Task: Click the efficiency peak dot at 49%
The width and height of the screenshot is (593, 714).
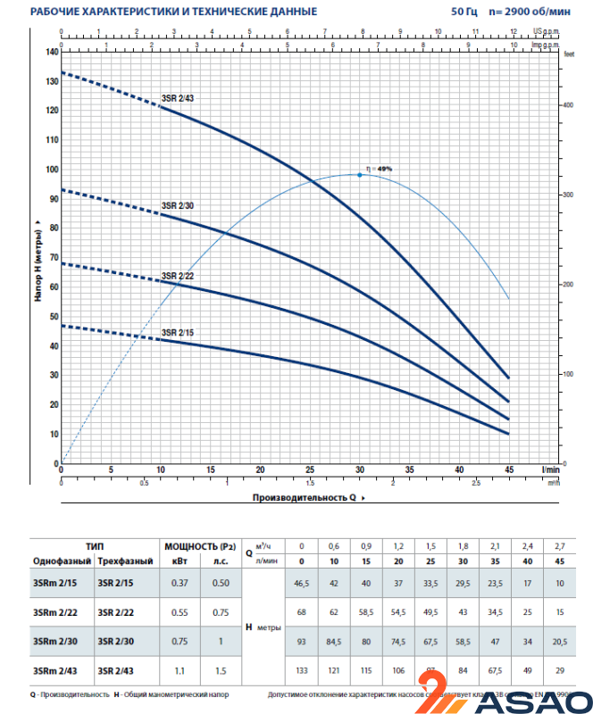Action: (360, 175)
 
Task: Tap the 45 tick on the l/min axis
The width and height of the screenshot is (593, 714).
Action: (508, 469)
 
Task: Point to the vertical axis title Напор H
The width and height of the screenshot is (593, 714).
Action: (39, 259)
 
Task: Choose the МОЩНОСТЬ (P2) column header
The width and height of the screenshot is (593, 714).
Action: (200, 545)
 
